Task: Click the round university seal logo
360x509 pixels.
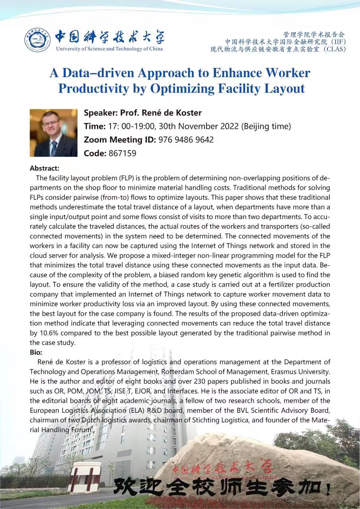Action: pyautogui.click(x=37, y=40)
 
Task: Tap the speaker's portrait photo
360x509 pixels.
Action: pyautogui.click(x=53, y=133)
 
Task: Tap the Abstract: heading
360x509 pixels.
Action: pyautogui.click(x=45, y=168)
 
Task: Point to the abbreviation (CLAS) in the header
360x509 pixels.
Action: pyautogui.click(x=335, y=49)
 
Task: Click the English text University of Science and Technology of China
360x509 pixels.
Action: pyautogui.click(x=109, y=49)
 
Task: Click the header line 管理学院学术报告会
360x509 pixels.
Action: pyautogui.click(x=314, y=34)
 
